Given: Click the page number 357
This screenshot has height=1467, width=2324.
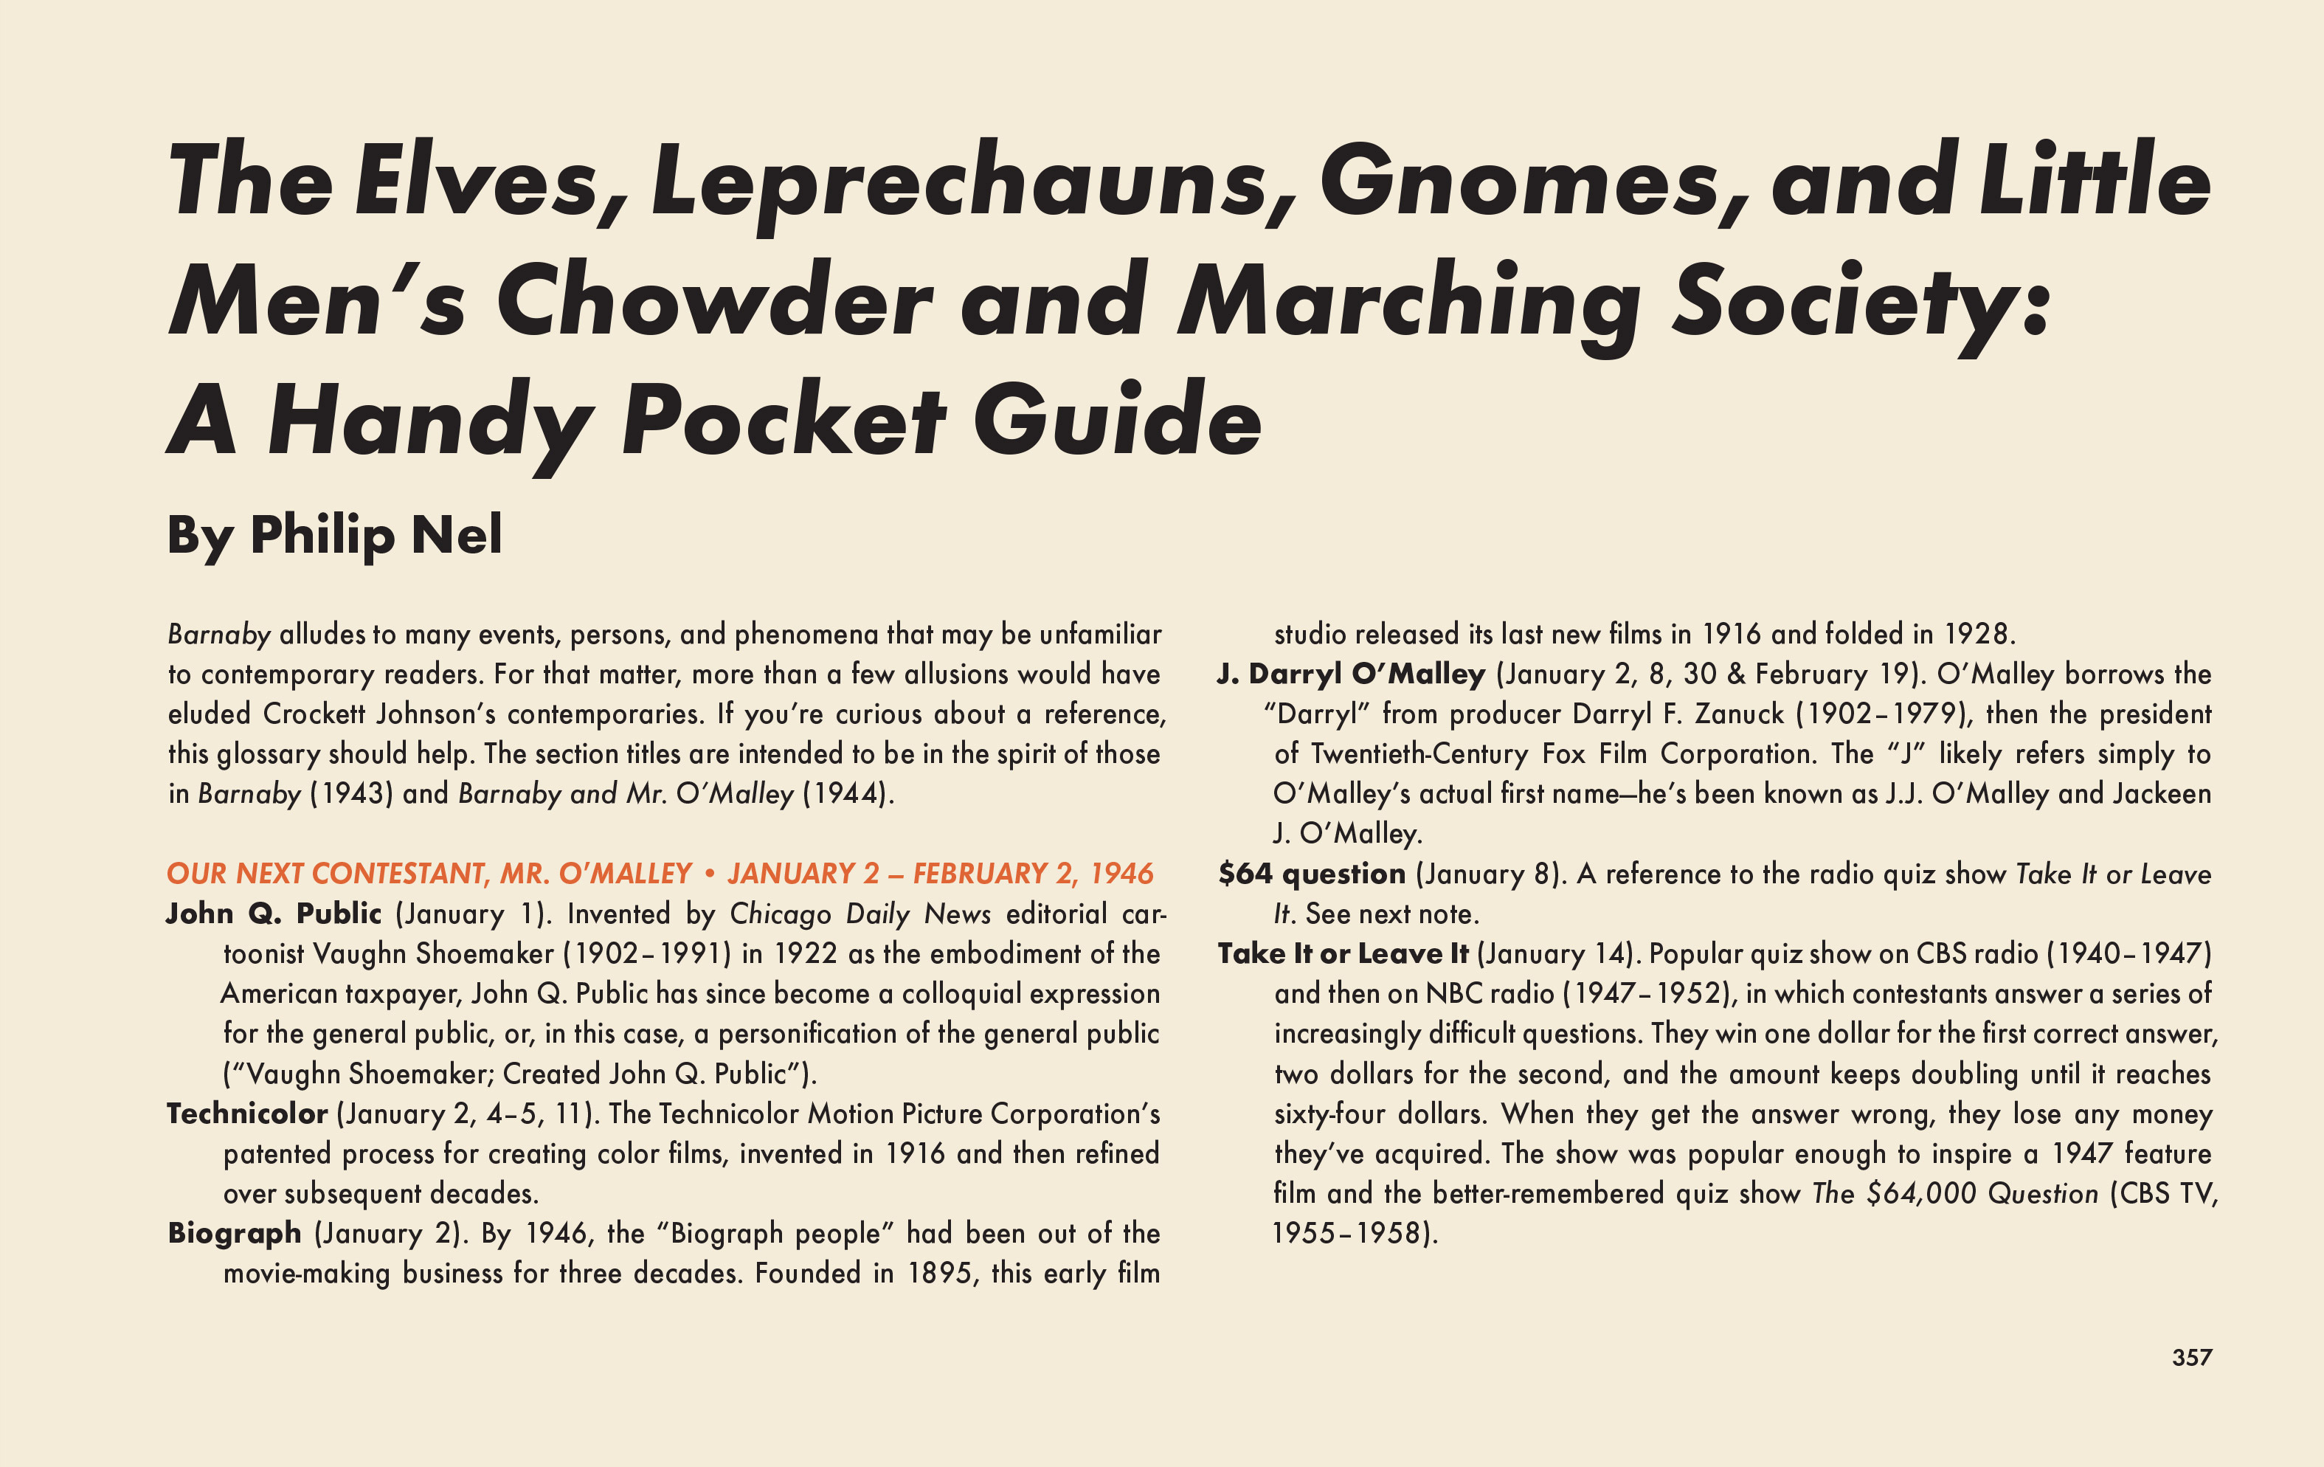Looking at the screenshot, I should point(2190,1357).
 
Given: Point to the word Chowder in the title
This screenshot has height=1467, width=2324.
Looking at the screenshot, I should point(714,301).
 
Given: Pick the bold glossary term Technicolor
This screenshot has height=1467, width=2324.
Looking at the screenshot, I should point(247,1114).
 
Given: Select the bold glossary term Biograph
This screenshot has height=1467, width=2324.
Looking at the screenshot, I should point(235,1233).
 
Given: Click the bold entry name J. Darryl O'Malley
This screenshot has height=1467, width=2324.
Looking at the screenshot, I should point(1351,674).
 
